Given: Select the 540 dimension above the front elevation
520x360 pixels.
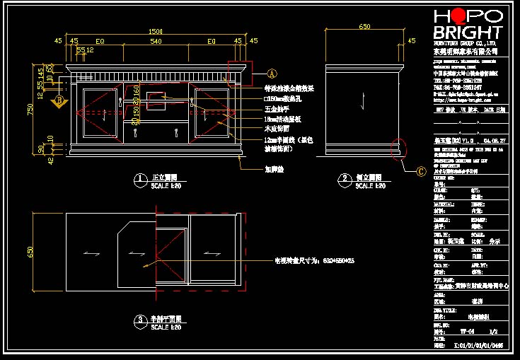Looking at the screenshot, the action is [155, 42].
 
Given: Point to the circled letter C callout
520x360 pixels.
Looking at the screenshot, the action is [421, 170].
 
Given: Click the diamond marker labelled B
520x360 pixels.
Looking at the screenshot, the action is [60, 100].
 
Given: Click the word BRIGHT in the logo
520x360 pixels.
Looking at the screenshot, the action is [467, 33].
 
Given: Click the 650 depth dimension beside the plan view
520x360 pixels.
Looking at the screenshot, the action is [31, 252].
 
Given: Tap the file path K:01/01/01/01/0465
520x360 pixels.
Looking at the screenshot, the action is [478, 346].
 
